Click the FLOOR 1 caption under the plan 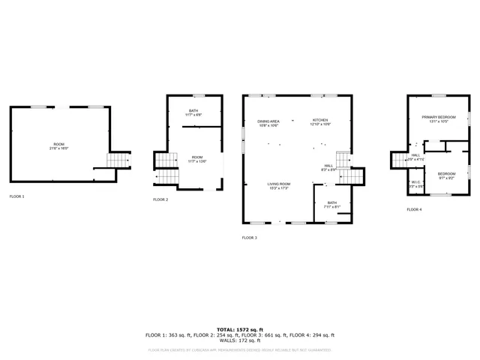pos(16,196)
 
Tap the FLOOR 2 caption pos(160,199)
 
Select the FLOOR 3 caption pos(249,238)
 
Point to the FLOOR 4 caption pos(414,210)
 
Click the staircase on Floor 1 pos(118,161)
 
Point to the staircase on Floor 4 pos(397,159)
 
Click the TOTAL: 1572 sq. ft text pos(240,329)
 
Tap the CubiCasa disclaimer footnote pos(240,350)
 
